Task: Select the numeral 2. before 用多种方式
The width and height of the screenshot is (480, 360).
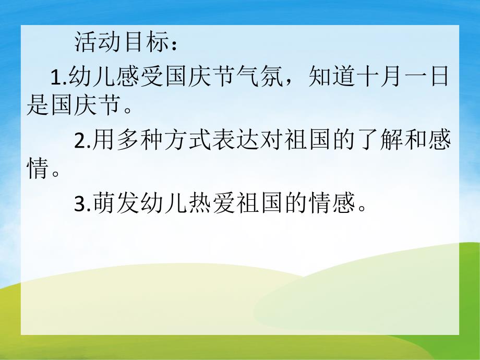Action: pyautogui.click(x=83, y=141)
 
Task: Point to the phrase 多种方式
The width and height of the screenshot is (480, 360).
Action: pyautogui.click(x=159, y=141)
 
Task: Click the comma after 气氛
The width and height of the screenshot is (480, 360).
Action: pyautogui.click(x=293, y=83)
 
